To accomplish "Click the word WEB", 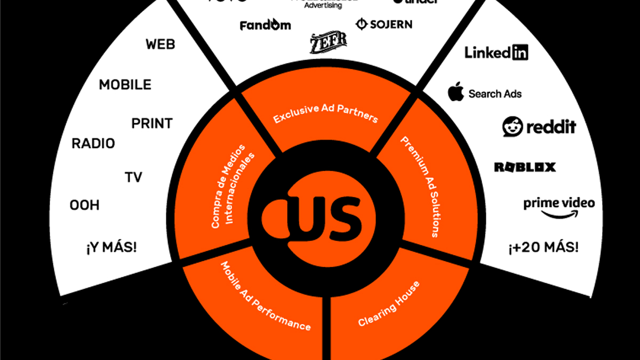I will click(x=160, y=44).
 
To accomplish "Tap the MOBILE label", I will click(x=125, y=85).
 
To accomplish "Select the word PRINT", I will click(x=152, y=124).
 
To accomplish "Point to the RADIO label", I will click(x=93, y=143).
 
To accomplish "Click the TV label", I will click(x=133, y=177).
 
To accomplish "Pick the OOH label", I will click(x=84, y=205).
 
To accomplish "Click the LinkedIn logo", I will click(x=496, y=52).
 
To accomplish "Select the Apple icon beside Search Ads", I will click(x=455, y=92).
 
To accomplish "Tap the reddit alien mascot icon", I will click(x=513, y=126).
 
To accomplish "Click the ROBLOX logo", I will click(x=525, y=167).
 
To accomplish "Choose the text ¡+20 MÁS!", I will click(x=543, y=248).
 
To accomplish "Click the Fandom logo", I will click(x=265, y=25).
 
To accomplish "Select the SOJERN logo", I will click(x=383, y=25).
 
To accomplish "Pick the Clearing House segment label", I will click(x=389, y=303).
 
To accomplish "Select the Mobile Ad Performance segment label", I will click(x=265, y=296).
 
